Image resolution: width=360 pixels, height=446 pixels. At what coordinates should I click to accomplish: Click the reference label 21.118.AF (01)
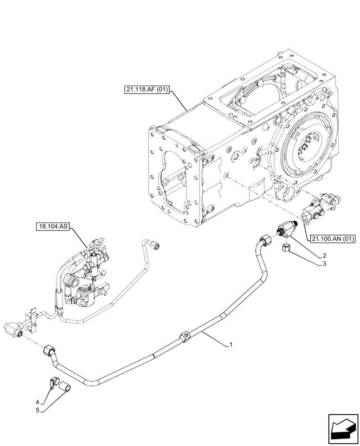tap(147, 90)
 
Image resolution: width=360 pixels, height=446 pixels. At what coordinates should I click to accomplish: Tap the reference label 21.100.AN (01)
tap(332, 239)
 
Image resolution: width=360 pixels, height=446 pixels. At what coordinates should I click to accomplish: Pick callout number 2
tap(324, 256)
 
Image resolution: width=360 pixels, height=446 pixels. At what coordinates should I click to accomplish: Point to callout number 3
tap(324, 264)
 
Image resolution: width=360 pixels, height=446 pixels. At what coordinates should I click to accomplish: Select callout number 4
tap(38, 401)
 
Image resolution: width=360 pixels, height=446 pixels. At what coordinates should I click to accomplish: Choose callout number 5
tap(38, 409)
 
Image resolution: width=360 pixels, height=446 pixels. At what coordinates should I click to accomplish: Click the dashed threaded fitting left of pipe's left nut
tap(13, 330)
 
